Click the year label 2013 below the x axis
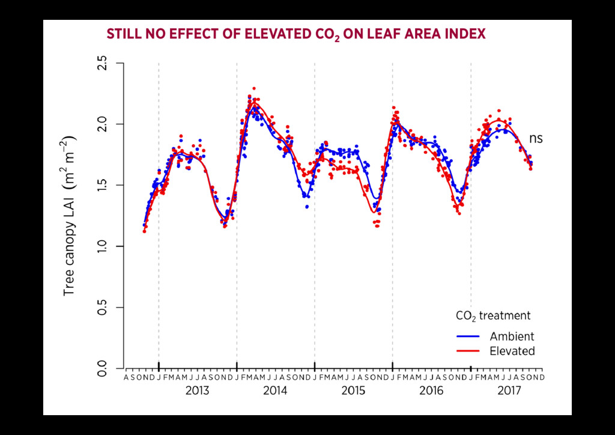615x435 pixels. [197, 391]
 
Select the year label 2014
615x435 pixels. [275, 391]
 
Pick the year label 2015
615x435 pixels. [353, 391]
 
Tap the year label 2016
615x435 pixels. [431, 391]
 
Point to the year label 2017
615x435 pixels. [509, 391]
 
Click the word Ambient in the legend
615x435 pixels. [512, 336]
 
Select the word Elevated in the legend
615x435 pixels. [512, 351]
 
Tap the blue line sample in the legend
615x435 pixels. [468, 336]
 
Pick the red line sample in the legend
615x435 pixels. [468, 351]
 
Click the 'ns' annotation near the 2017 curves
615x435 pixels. [536, 139]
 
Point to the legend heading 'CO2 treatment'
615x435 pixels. [493, 315]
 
